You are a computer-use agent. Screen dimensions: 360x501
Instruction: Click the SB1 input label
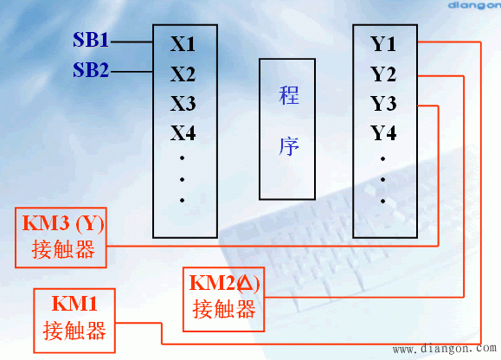click(91, 41)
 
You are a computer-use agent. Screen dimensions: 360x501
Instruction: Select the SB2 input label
click(91, 71)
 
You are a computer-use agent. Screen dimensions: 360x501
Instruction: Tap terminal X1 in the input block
click(183, 43)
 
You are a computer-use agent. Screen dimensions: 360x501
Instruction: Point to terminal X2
click(183, 74)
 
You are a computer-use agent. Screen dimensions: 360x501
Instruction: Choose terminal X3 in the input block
click(183, 104)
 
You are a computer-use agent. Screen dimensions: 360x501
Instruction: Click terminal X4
click(183, 133)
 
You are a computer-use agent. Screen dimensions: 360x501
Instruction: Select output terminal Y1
click(383, 43)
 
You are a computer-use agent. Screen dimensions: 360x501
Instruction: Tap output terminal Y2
click(383, 74)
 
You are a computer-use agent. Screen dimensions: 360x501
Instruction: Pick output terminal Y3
click(383, 104)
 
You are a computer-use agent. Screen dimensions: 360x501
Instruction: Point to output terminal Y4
click(383, 133)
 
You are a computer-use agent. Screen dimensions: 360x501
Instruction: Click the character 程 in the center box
click(290, 95)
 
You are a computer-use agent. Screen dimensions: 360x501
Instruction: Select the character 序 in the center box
click(290, 145)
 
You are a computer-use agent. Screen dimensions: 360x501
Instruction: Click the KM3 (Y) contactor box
click(63, 236)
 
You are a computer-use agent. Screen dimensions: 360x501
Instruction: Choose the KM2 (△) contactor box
click(224, 295)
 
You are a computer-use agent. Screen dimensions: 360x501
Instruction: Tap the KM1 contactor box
click(74, 317)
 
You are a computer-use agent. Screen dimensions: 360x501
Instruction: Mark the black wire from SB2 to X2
click(132, 71)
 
